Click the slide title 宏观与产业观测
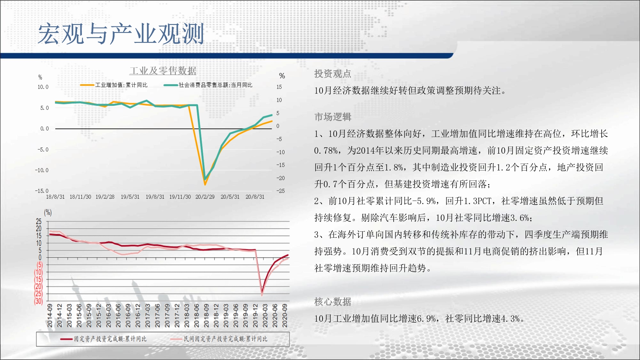pyautogui.click(x=121, y=34)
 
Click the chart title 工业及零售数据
pyautogui.click(x=163, y=71)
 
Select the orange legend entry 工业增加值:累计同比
pyautogui.click(x=114, y=85)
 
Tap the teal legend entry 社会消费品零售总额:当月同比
pyautogui.click(x=208, y=85)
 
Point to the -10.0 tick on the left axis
pyautogui.click(x=42, y=170)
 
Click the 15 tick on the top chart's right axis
pyautogui.click(x=279, y=87)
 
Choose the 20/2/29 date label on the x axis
pyautogui.click(x=205, y=197)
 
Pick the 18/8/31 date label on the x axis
pyautogui.click(x=55, y=197)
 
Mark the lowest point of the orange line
pyautogui.click(x=205, y=185)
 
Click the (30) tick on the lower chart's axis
pyautogui.click(x=38, y=301)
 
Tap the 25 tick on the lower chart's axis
pyautogui.click(x=39, y=221)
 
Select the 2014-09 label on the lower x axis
pyautogui.click(x=50, y=316)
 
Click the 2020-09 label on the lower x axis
pyautogui.click(x=285, y=316)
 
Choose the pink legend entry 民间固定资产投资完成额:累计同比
pyautogui.click(x=219, y=339)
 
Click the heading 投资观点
pyautogui.click(x=333, y=74)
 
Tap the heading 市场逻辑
pyautogui.click(x=333, y=117)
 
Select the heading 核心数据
pyautogui.click(x=333, y=302)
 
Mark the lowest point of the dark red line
pyautogui.click(x=262, y=293)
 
